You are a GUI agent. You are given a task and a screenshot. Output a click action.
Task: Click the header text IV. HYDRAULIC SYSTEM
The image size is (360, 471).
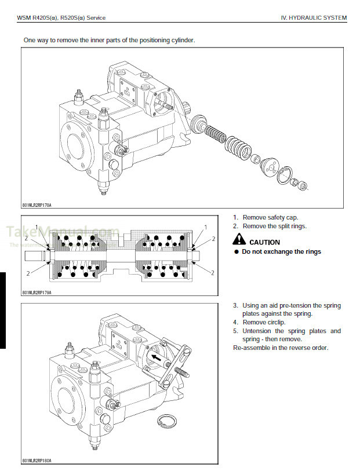coord(313,18)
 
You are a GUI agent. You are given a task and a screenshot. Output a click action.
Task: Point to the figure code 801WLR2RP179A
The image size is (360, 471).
coord(37,293)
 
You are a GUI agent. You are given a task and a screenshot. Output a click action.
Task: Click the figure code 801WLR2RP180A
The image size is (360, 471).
coord(37,461)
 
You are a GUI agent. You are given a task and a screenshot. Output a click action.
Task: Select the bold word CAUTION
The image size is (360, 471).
coord(264,242)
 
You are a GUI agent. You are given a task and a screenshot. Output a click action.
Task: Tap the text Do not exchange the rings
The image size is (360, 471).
coord(281,251)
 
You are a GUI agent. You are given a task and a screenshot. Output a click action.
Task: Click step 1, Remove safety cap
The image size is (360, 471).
coord(270,217)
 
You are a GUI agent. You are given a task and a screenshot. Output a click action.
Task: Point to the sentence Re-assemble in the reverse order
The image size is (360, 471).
coord(280,348)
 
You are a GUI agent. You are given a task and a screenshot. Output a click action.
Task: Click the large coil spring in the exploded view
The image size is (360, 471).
coord(238,148)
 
